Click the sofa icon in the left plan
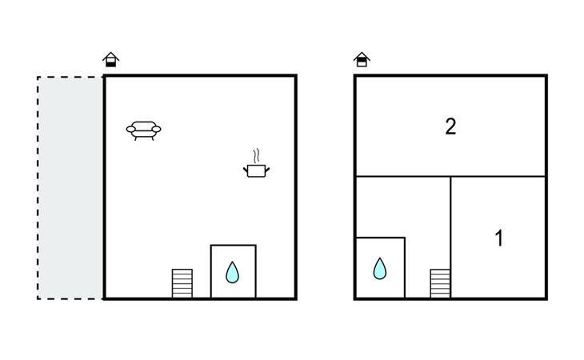(x=144, y=130)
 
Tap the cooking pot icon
(x=256, y=170)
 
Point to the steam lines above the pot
(x=256, y=154)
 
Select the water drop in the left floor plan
(x=232, y=273)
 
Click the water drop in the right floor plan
(x=380, y=269)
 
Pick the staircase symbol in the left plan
(x=182, y=283)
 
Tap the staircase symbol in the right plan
(x=440, y=283)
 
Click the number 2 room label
(x=450, y=126)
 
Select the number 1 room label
(x=499, y=238)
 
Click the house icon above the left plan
(x=111, y=60)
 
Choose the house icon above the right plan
(x=362, y=60)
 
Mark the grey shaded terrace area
(x=70, y=188)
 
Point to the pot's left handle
(x=246, y=168)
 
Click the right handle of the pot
(x=267, y=168)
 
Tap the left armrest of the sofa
(x=130, y=128)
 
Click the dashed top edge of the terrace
(x=70, y=77)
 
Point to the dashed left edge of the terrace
(x=38, y=188)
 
